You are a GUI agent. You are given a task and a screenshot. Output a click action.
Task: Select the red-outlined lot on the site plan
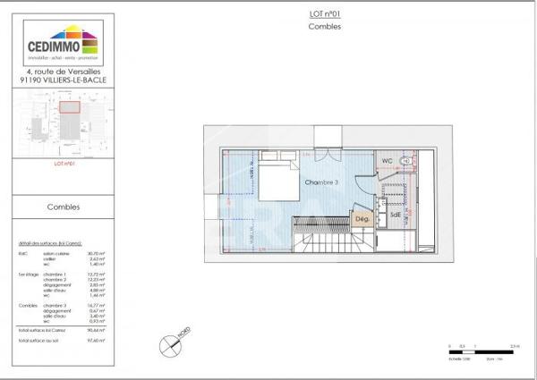(69, 106)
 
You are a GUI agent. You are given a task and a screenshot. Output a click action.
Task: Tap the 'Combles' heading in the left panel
(64, 207)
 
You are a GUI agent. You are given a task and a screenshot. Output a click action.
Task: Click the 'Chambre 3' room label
(320, 182)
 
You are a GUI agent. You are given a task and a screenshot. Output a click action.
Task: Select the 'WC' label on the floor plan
(387, 161)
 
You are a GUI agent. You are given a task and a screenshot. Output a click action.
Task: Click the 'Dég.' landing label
(362, 218)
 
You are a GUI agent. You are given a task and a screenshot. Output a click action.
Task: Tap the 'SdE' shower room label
(395, 215)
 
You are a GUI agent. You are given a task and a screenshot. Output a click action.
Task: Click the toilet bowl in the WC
(405, 161)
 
